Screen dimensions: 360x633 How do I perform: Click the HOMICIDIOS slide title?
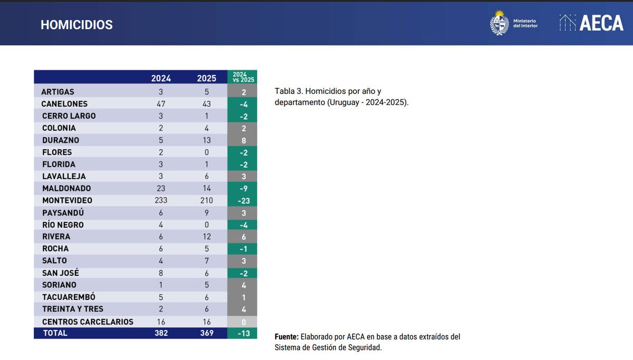coord(76,25)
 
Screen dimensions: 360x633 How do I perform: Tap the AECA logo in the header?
coord(591,23)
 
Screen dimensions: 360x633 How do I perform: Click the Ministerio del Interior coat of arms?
coord(499,23)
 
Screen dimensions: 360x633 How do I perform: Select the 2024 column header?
coord(161,78)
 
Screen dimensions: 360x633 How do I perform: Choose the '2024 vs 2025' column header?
coord(243,77)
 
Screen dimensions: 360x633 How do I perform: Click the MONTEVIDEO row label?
coord(67,201)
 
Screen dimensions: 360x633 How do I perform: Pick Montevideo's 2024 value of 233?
coord(161,201)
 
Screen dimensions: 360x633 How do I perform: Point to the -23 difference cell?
coord(243,201)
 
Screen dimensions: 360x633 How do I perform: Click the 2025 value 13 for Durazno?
coord(206,140)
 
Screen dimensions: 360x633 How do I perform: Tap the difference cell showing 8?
coord(243,140)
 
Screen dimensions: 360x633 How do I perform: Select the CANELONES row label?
coord(64,104)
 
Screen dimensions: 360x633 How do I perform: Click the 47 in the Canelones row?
coord(161,104)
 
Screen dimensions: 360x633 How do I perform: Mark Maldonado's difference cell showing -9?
coord(243,188)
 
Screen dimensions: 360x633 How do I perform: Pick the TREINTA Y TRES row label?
coord(73,309)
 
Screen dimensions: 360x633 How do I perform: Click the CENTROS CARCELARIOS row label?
coord(88,321)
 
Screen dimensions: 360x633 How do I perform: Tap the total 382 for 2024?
coord(161,333)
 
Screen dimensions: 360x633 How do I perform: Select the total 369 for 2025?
coord(206,333)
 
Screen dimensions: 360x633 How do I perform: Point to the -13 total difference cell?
coord(243,333)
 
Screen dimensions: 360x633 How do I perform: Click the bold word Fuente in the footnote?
coord(286,337)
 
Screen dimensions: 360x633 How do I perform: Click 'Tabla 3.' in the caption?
coord(288,91)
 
